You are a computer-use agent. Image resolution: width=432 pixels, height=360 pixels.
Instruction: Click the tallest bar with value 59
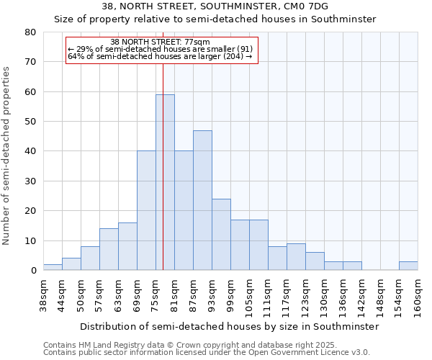click(x=165, y=182)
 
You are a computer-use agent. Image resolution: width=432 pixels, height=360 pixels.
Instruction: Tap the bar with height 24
click(x=221, y=235)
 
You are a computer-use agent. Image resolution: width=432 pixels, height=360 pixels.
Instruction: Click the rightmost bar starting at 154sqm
click(x=408, y=266)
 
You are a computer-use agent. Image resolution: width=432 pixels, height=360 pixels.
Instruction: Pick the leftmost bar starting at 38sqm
click(x=53, y=267)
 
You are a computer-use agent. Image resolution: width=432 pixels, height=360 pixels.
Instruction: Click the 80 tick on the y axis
click(x=30, y=32)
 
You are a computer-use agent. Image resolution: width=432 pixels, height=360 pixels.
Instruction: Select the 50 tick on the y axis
click(x=30, y=122)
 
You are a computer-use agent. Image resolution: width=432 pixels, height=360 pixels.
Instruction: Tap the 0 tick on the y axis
click(x=33, y=271)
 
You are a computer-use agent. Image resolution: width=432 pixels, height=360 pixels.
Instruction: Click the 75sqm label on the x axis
click(x=156, y=294)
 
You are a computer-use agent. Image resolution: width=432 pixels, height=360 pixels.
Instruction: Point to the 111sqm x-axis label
click(x=269, y=297)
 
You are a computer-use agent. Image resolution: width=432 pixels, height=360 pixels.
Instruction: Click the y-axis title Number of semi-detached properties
click(x=7, y=155)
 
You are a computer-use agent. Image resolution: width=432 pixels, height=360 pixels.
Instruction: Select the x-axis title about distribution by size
click(x=229, y=326)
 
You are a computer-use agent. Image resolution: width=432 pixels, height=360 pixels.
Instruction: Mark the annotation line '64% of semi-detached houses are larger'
click(x=160, y=56)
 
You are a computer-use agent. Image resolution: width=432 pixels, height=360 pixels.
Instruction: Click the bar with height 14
click(x=109, y=249)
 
